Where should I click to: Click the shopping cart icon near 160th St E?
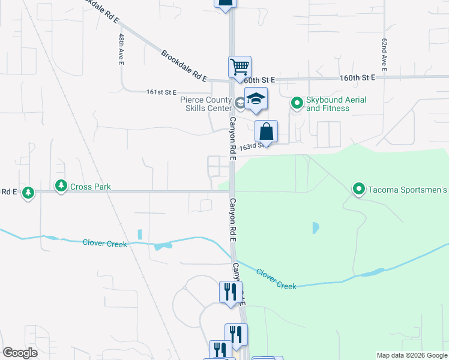click(x=240, y=67)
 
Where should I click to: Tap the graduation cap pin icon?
click(x=256, y=99)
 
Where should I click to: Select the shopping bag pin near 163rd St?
click(x=266, y=131)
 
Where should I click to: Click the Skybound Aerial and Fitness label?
click(x=328, y=104)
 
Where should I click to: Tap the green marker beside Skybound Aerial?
click(x=297, y=103)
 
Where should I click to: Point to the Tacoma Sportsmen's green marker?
click(x=359, y=190)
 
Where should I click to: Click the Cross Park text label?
click(x=91, y=187)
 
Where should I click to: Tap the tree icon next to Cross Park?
click(x=61, y=187)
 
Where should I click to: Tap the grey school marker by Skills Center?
click(x=240, y=103)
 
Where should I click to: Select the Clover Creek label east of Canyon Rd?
click(x=276, y=279)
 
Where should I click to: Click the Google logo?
click(x=20, y=353)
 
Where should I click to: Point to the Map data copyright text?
click(x=412, y=355)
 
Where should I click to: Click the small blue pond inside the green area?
click(x=315, y=228)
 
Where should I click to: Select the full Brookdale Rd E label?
click(x=184, y=66)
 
